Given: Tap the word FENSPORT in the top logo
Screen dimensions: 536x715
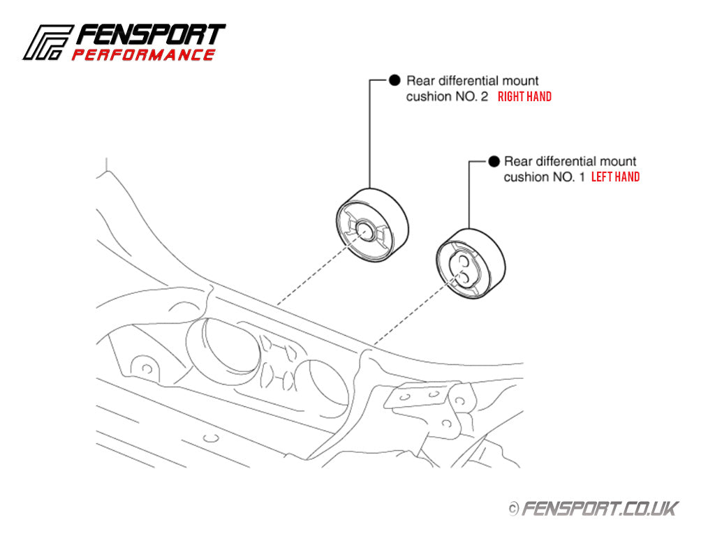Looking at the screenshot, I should pos(150,36).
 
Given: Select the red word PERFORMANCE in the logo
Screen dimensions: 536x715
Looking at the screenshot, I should pos(143,54).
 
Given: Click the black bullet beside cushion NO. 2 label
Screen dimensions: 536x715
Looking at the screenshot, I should pos(395,80).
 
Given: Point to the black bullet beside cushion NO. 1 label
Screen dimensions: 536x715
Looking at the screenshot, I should pos(493,161).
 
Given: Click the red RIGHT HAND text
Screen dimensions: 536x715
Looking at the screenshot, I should pos(524,97).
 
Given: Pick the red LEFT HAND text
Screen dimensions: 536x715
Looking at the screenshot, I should pos(615,177).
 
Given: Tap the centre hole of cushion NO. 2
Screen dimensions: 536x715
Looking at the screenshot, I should pos(364,230).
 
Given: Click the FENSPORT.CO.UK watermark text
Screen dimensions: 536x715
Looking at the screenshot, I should pos(600,509).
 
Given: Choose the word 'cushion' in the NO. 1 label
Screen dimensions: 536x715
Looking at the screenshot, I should pos(524,177).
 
